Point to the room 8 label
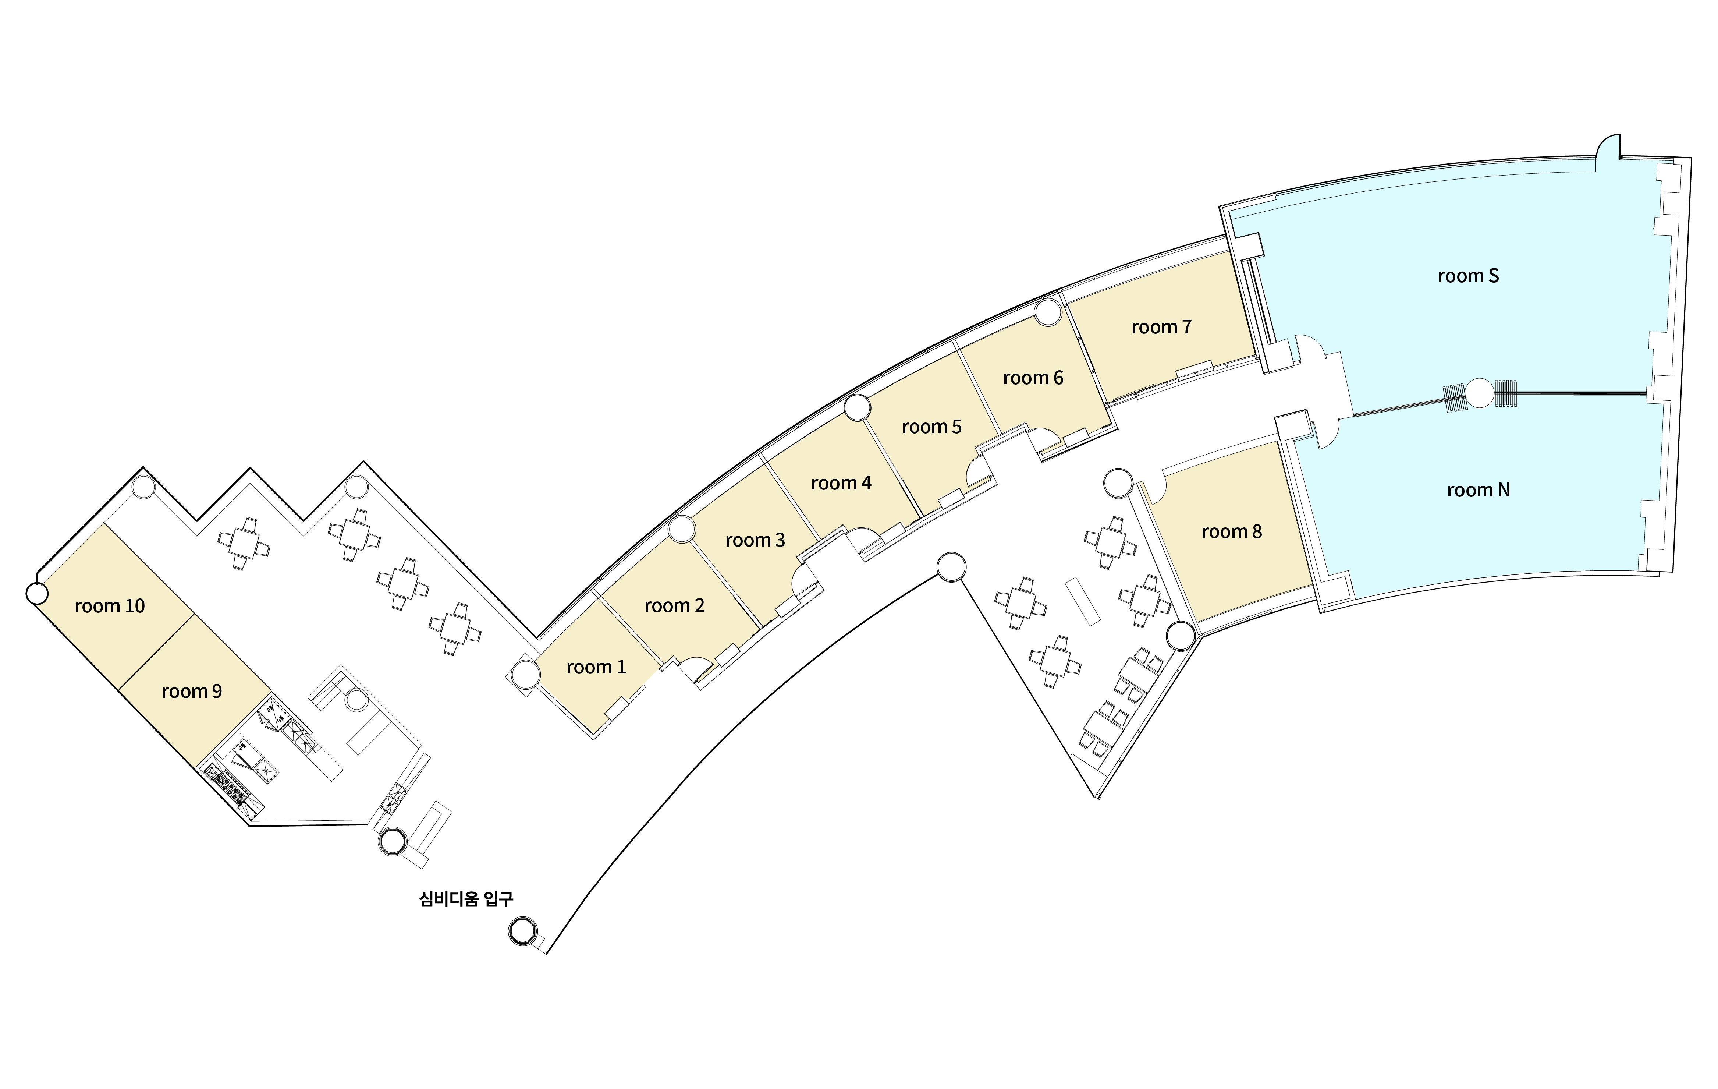(1231, 532)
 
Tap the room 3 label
(755, 540)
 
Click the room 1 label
(596, 667)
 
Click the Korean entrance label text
(466, 898)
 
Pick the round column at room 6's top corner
(1048, 312)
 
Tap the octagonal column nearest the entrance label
(522, 931)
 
